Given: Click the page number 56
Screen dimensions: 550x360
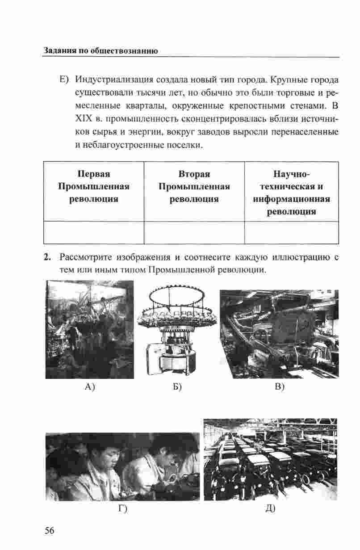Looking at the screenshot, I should pyautogui.click(x=49, y=530).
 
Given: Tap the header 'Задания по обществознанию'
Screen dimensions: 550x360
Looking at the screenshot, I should pyautogui.click(x=100, y=50).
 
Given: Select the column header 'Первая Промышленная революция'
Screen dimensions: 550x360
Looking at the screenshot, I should pyautogui.click(x=94, y=186).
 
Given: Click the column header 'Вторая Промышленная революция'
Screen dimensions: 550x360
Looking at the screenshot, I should pyautogui.click(x=194, y=186).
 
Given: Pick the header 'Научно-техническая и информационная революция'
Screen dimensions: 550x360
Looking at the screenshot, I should pyautogui.click(x=291, y=192).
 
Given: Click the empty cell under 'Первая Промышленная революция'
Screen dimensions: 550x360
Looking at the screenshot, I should pyautogui.click(x=94, y=232).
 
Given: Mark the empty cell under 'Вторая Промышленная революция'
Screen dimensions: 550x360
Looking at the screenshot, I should pyautogui.click(x=194, y=232).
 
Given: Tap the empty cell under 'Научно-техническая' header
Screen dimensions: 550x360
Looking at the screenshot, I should pyautogui.click(x=291, y=232).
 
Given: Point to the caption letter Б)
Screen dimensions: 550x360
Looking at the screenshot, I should pyautogui.click(x=177, y=387).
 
